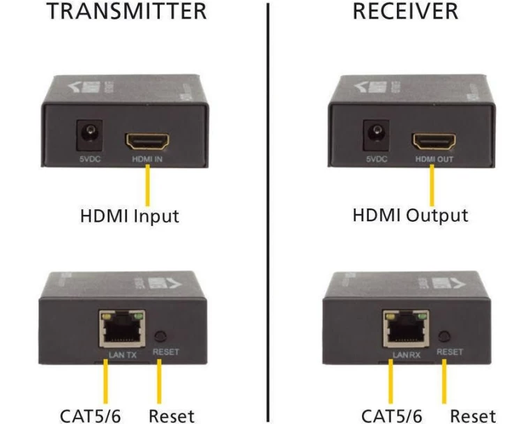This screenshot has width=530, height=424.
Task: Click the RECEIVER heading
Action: pos(405,11)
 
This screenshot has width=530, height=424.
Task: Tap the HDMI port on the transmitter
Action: pos(147,142)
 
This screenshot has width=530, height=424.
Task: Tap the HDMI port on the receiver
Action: pos(433,142)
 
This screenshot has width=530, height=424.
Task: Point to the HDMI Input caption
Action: pos(129,215)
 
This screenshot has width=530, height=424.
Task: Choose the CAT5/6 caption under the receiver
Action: pos(391,416)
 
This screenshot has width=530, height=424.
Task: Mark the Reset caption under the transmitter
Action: pos(172,416)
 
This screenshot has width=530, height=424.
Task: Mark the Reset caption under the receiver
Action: pos(473,416)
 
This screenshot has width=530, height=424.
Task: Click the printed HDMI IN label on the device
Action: pos(147,160)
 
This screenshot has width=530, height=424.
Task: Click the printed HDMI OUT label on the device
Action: pos(434,160)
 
